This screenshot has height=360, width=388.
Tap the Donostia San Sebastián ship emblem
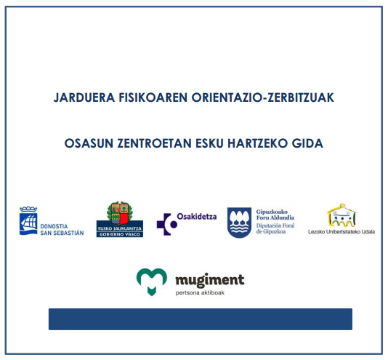coord(28,221)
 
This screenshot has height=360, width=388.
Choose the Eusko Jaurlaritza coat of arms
coord(119,214)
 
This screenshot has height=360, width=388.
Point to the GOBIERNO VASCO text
coord(120,234)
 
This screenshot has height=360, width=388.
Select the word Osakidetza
coord(197,217)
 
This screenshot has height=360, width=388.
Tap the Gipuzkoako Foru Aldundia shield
coord(240,222)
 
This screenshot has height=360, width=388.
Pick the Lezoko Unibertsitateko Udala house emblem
coord(341,215)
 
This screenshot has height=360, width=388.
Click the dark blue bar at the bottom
coord(200,319)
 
